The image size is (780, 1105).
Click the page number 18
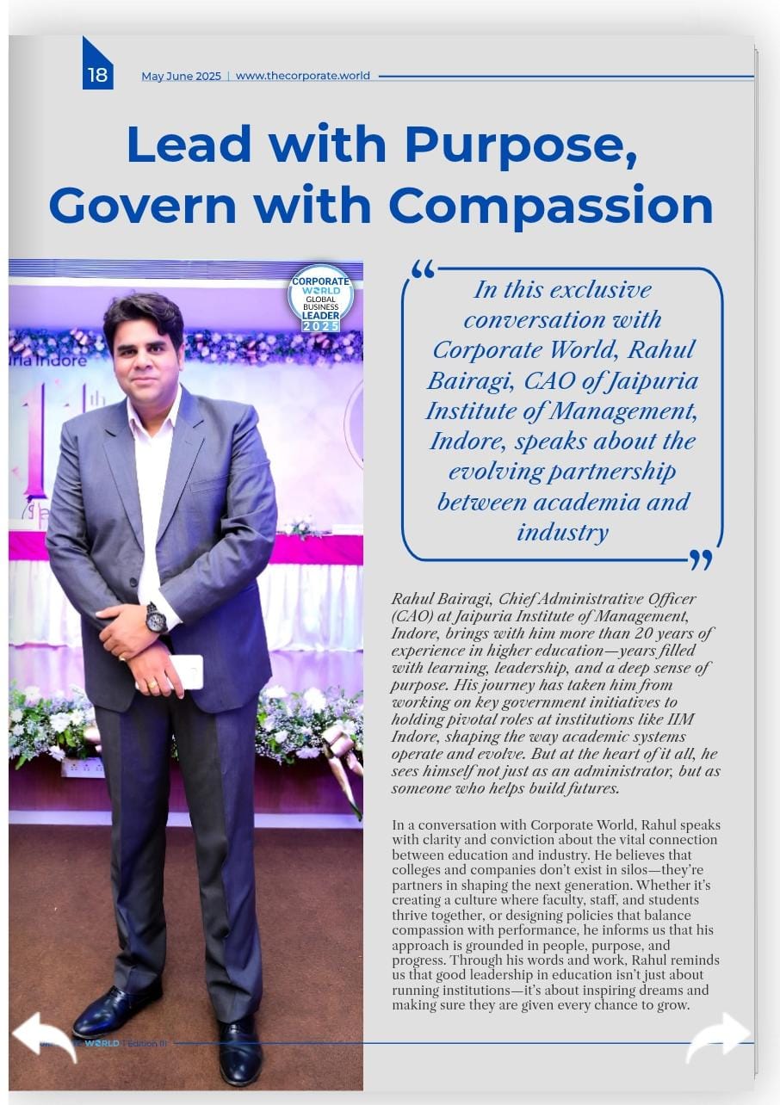(97, 75)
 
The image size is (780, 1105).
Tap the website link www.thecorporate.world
(303, 76)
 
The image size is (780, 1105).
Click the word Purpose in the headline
(521, 145)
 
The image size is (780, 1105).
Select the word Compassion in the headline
(551, 206)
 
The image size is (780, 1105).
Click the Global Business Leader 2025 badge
(320, 299)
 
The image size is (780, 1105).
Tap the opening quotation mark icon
(423, 269)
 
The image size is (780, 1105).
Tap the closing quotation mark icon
(701, 560)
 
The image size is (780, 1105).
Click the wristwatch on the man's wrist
(156, 617)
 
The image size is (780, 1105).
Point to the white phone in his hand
(188, 671)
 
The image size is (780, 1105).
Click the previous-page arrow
(43, 1035)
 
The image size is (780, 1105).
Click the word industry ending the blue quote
(562, 532)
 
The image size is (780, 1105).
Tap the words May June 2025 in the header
(181, 76)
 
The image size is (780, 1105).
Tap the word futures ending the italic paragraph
(587, 788)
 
